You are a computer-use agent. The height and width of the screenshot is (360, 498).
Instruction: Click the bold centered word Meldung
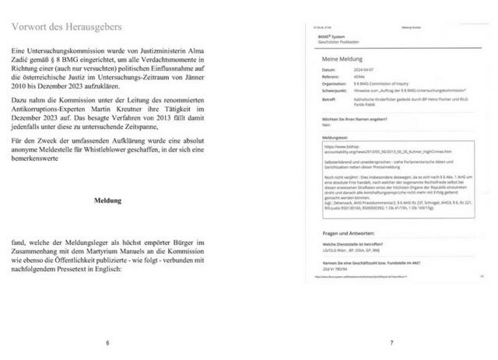click(x=107, y=200)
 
